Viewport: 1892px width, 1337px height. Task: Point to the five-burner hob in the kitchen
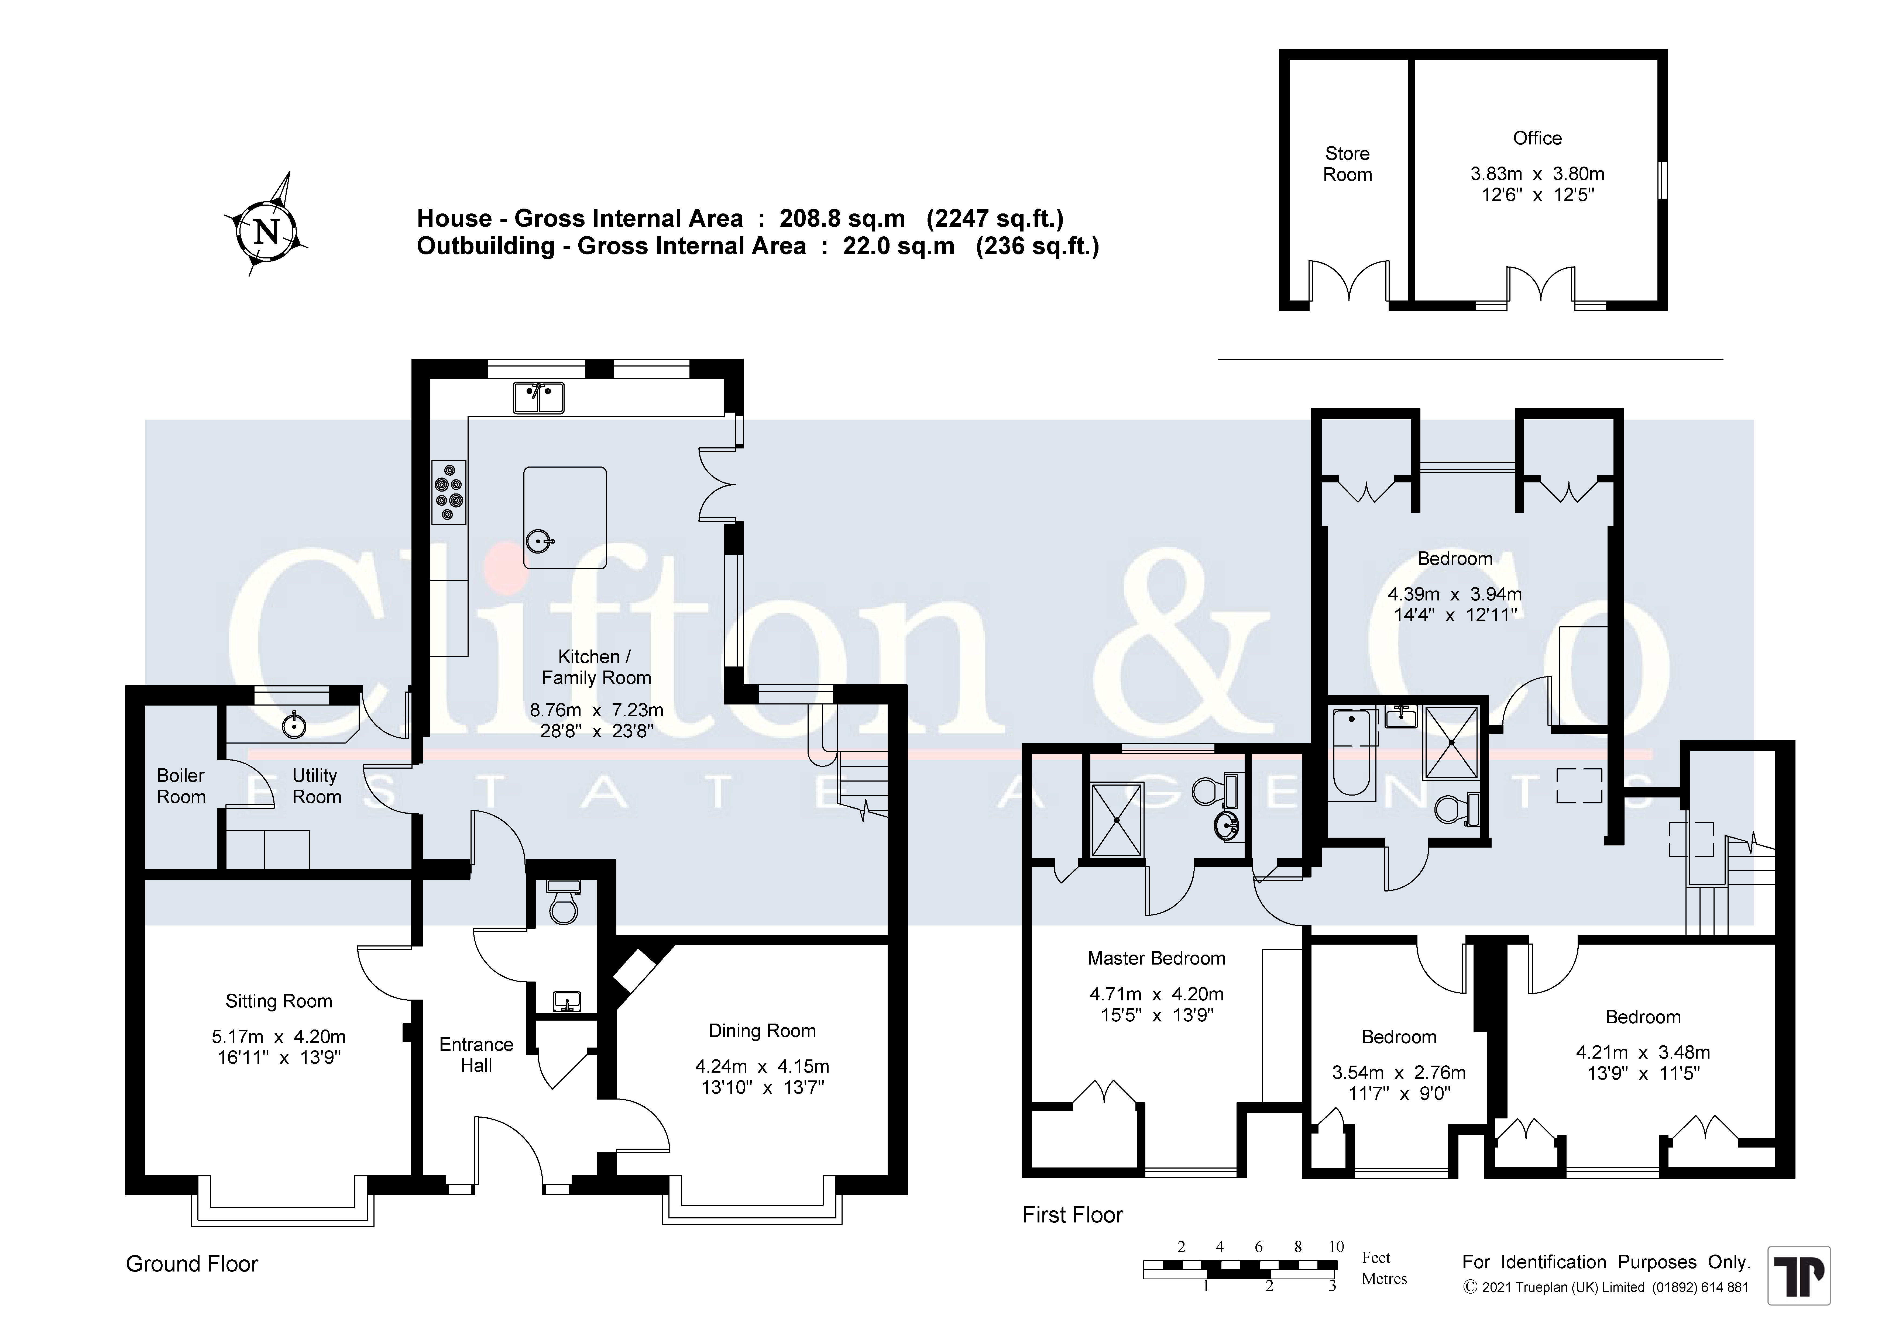448,492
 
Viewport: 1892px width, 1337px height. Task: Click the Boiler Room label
181,786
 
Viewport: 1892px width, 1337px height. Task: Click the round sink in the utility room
294,726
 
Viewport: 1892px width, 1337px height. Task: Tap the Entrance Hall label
476,1055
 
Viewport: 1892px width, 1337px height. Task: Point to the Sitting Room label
279,1001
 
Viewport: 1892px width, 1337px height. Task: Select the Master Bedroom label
1156,958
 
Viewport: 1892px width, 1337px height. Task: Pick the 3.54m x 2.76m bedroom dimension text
1398,1073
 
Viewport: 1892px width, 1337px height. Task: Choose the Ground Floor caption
192,1264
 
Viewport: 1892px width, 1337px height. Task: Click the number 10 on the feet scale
1337,1246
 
